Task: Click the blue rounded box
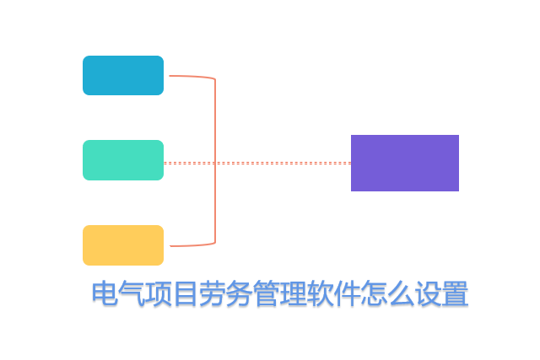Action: coord(123,75)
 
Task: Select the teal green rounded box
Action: coord(123,160)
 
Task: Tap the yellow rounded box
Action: coord(123,245)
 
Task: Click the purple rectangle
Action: coord(405,163)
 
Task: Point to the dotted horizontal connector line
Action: coord(278,163)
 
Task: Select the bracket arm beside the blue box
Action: coord(190,77)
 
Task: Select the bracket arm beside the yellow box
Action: coord(190,245)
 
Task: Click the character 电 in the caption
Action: coord(105,295)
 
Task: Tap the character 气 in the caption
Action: coord(132,295)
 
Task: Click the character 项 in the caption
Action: coord(159,295)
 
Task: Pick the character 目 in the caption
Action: coord(186,295)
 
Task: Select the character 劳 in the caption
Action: coord(213,295)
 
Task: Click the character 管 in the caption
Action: coord(267,295)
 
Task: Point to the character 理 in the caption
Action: coord(294,295)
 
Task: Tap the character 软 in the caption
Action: coord(321,295)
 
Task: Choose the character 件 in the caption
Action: coord(348,295)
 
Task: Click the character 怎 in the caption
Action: coord(375,295)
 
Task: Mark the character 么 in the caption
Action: coord(402,295)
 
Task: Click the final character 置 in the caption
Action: coord(456,295)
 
